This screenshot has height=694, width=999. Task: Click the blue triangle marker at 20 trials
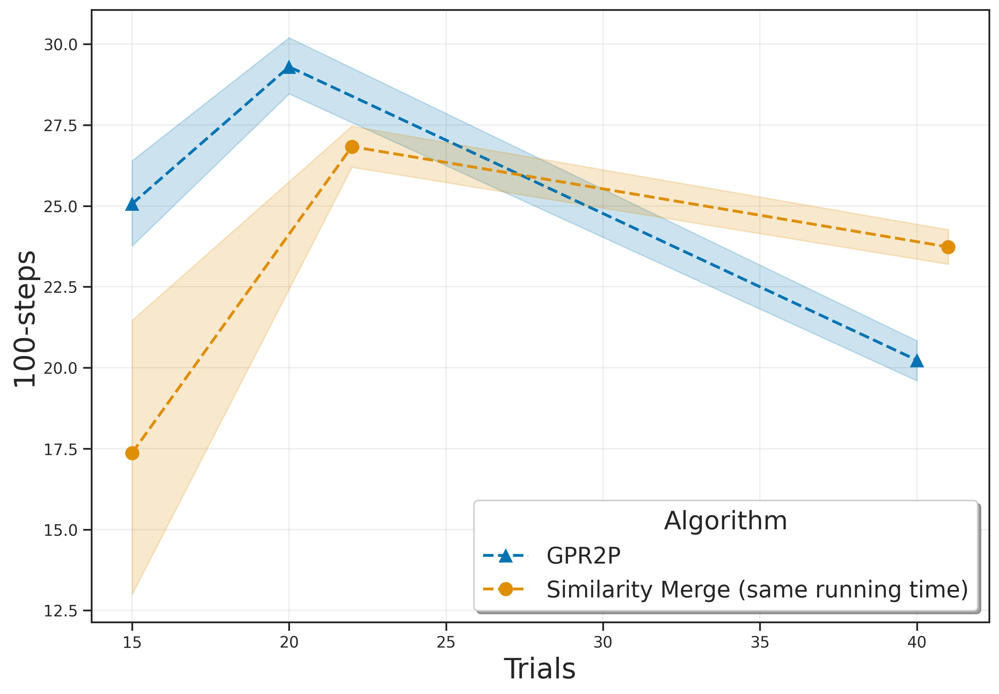tap(289, 68)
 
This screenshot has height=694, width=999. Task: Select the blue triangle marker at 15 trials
tap(132, 204)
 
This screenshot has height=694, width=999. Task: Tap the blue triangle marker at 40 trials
tap(916, 361)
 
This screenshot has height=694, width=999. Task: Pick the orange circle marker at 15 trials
tap(132, 453)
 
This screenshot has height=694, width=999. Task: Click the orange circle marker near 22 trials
tap(352, 147)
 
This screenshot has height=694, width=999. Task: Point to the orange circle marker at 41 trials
tap(948, 247)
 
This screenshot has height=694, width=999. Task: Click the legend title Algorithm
tap(725, 521)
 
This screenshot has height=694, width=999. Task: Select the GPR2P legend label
tap(583, 556)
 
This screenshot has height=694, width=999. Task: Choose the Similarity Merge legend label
tap(757, 590)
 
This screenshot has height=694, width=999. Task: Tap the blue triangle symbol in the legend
tap(505, 556)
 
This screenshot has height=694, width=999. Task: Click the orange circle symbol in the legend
tap(505, 590)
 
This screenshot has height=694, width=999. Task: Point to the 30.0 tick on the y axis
tap(60, 45)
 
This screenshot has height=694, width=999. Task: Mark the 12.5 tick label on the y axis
tap(60, 611)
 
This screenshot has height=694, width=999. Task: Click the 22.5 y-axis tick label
tap(60, 287)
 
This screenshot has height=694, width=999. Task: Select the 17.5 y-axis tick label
tap(60, 449)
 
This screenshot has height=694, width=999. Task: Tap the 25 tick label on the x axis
tap(445, 642)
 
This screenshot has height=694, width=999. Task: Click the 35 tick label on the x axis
tap(759, 642)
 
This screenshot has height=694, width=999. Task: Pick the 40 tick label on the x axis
tap(916, 642)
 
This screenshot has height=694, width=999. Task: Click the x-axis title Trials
tap(540, 669)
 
